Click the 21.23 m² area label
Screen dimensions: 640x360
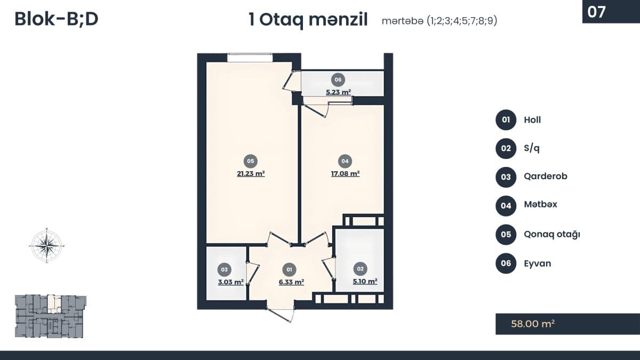tap(251, 174)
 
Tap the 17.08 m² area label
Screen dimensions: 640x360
tap(345, 174)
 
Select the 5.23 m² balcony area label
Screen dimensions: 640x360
tap(338, 92)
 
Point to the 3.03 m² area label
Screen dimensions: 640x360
tap(230, 282)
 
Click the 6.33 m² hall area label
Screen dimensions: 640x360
tap(291, 282)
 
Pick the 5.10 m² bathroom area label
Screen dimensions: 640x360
tap(365, 281)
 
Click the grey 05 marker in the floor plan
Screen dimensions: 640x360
tap(251, 161)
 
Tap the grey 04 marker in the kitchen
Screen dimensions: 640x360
tap(345, 161)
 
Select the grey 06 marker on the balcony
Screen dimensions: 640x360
tap(338, 79)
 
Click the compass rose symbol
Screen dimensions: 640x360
tap(46, 245)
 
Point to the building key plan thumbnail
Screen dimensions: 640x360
tap(50, 316)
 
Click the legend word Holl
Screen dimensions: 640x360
tap(532, 119)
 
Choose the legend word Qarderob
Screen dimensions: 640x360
tap(546, 177)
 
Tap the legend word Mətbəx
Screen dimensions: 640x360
tap(541, 204)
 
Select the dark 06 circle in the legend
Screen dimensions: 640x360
tap(506, 263)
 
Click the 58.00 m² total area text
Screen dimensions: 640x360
tap(533, 324)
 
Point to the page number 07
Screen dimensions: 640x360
tap(597, 12)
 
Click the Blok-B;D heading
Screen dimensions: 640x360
tap(57, 19)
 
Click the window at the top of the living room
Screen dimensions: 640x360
tap(250, 58)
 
